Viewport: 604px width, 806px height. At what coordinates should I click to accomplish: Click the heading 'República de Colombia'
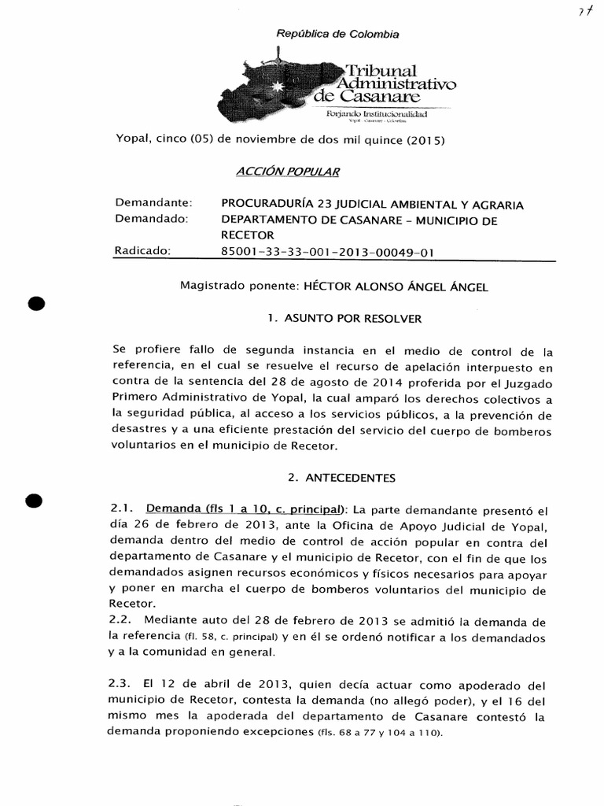pyautogui.click(x=337, y=34)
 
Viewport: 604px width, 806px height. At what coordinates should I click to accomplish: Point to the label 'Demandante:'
pyautogui.click(x=153, y=204)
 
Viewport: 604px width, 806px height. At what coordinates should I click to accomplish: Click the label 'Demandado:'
pyautogui.click(x=152, y=220)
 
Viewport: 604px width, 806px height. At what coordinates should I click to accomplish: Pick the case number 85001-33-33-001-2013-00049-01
pyautogui.click(x=328, y=252)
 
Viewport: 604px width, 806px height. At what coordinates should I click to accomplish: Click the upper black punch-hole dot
pyautogui.click(x=37, y=304)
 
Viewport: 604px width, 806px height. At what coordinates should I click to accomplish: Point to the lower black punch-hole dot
pyautogui.click(x=37, y=501)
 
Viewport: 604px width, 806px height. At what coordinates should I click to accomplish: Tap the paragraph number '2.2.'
pyautogui.click(x=127, y=619)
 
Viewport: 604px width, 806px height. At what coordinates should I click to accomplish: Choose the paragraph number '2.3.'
pyautogui.click(x=127, y=684)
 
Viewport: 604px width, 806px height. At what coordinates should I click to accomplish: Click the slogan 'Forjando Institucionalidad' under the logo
pyautogui.click(x=376, y=115)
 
